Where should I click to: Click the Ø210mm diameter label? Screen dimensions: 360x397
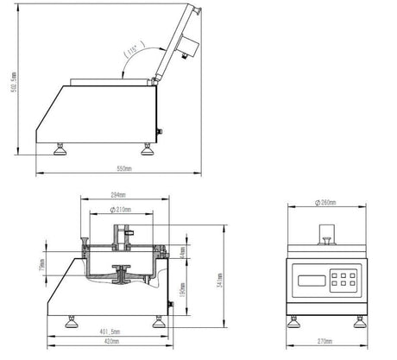[x=124, y=210]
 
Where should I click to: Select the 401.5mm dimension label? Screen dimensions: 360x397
[x=109, y=331]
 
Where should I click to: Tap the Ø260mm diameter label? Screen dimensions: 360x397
[x=326, y=204]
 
